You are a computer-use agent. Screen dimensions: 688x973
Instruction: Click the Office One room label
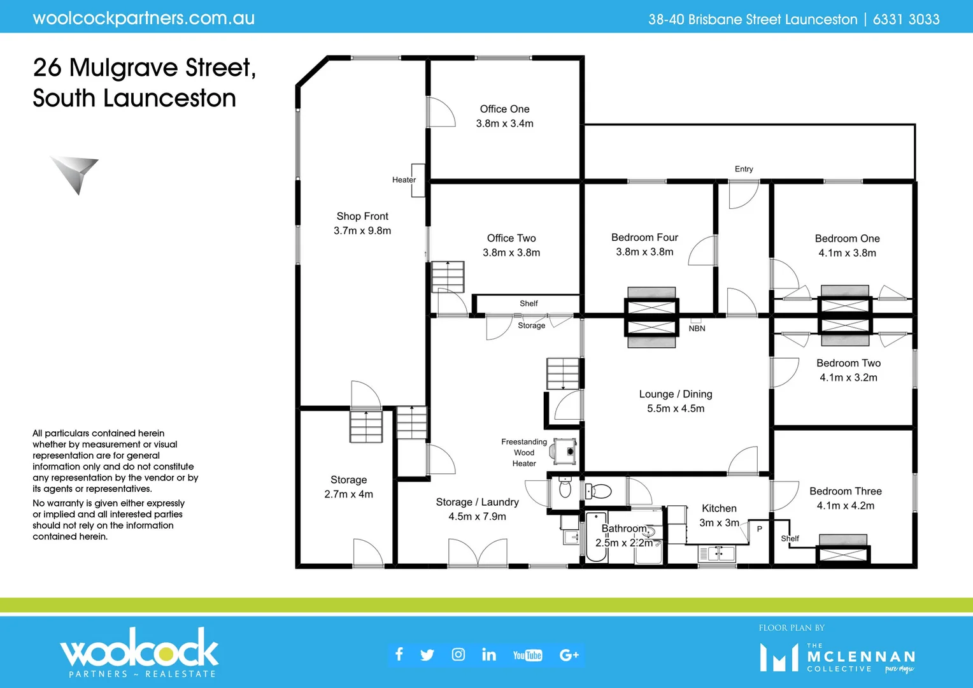pyautogui.click(x=504, y=109)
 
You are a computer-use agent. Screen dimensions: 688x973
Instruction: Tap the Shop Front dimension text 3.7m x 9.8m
pyautogui.click(x=362, y=231)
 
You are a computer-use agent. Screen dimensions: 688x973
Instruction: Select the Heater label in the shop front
pyautogui.click(x=404, y=180)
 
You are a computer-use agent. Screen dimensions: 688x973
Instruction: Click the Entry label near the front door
pyautogui.click(x=743, y=169)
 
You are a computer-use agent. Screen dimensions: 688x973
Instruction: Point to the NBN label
pyautogui.click(x=697, y=328)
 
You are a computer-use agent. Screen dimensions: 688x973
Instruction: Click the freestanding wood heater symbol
pyautogui.click(x=565, y=451)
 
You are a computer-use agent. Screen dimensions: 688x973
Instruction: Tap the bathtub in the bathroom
pyautogui.click(x=596, y=536)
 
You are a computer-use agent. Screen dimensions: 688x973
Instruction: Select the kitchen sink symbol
pyautogui.click(x=718, y=554)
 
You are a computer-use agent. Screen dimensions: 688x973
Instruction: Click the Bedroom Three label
pyautogui.click(x=845, y=491)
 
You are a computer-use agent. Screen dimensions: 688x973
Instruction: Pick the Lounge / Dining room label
pyautogui.click(x=675, y=394)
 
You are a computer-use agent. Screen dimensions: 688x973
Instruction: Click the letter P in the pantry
pyautogui.click(x=759, y=529)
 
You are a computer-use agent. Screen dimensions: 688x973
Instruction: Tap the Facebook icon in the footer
pyautogui.click(x=399, y=654)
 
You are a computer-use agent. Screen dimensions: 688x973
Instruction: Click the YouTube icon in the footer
pyautogui.click(x=527, y=655)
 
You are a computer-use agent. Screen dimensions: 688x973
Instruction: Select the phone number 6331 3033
pyautogui.click(x=906, y=19)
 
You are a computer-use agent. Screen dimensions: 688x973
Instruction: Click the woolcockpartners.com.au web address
pyautogui.click(x=144, y=18)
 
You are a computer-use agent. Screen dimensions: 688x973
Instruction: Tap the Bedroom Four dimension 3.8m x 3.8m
pyautogui.click(x=644, y=252)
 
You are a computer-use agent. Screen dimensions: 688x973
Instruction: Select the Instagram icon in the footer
pyautogui.click(x=458, y=654)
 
